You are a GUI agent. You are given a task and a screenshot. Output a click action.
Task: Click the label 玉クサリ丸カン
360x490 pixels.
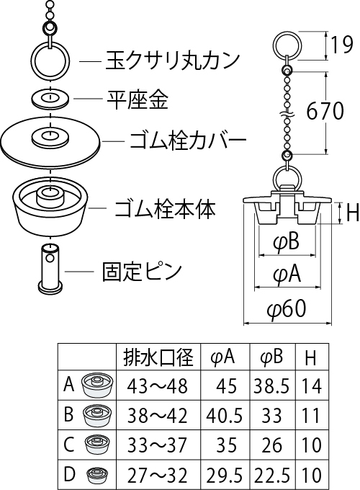point(173,61)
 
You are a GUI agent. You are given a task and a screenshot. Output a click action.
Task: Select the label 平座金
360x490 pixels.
point(138,99)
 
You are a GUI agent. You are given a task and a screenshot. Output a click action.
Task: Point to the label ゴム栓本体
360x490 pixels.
point(165,208)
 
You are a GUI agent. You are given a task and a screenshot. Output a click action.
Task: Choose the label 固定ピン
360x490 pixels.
point(142,271)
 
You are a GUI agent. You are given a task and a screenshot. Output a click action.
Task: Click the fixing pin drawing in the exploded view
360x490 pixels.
point(50,269)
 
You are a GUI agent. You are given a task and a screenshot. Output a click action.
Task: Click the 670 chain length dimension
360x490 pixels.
point(325,111)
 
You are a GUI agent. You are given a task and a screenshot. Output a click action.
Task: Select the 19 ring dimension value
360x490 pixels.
point(341,45)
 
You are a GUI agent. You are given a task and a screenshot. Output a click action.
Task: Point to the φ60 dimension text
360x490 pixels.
point(287,308)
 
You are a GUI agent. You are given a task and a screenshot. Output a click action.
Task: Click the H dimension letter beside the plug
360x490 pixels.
point(353,213)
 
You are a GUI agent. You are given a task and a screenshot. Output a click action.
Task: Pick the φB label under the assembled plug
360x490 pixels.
point(287,242)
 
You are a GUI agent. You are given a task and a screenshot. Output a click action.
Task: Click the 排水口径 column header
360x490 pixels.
point(158,357)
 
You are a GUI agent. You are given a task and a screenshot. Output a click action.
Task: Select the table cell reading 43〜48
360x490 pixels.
point(158,386)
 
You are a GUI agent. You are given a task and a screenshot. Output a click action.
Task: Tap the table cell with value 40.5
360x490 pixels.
point(224,415)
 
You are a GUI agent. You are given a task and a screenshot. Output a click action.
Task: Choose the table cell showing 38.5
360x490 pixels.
point(271,386)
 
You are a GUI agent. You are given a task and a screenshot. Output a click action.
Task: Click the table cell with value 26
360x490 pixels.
point(272,445)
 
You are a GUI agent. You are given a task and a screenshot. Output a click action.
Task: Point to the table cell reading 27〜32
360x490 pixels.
point(158,475)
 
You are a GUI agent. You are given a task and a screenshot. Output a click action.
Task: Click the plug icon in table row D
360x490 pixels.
point(97,475)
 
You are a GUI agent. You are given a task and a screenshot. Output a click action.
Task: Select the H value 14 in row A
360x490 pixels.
point(312,386)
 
